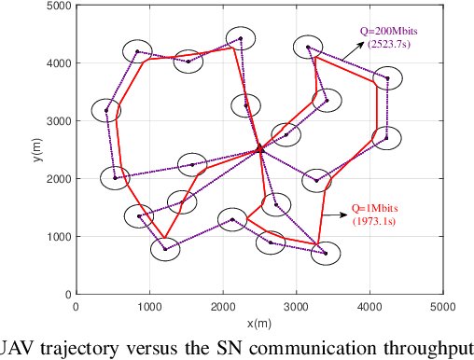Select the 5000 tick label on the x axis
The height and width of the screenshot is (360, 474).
pyautogui.click(x=442, y=305)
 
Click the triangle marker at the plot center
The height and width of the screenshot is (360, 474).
pyautogui.click(x=259, y=148)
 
